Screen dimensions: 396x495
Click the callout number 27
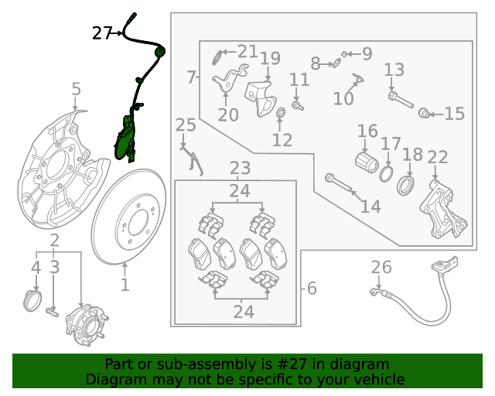[102, 32]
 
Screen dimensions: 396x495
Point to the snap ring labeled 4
[31, 299]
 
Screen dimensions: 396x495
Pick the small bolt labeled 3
[53, 312]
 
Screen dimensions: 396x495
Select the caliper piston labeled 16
[364, 162]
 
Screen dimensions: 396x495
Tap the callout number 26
[381, 268]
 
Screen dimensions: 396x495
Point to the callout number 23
[240, 168]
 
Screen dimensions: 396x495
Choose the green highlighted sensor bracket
[124, 139]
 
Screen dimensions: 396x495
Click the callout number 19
[269, 58]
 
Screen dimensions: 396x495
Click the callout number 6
[312, 288]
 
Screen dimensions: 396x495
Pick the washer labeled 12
[282, 117]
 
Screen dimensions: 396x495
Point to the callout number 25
[186, 125]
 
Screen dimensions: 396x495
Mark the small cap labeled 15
[424, 114]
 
